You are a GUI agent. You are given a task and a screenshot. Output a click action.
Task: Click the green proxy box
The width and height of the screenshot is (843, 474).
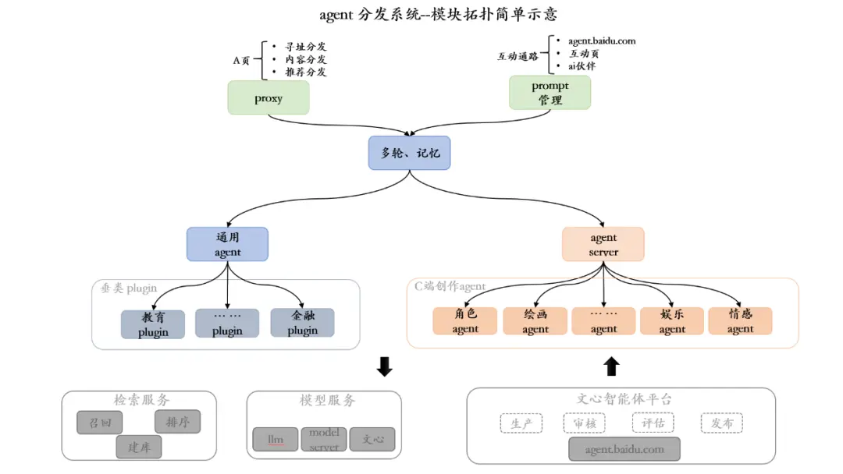click(x=269, y=98)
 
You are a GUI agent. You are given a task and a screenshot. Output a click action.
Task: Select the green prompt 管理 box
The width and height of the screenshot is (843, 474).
click(x=550, y=93)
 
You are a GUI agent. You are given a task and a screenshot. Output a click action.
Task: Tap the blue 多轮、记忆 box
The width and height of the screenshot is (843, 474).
click(x=410, y=153)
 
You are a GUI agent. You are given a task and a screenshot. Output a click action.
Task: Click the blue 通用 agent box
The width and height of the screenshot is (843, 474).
click(x=227, y=244)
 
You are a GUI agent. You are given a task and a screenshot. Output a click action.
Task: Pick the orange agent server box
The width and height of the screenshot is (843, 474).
click(x=603, y=244)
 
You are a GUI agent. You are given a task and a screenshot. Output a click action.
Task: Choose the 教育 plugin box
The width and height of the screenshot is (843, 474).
click(x=153, y=324)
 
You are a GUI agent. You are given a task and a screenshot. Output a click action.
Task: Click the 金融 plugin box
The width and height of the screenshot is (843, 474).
click(x=302, y=323)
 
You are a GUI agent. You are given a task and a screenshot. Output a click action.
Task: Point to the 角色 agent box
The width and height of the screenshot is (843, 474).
click(x=465, y=321)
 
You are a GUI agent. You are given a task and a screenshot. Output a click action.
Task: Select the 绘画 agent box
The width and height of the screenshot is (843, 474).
click(x=535, y=321)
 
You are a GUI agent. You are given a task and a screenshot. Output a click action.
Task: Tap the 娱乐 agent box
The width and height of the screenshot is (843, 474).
click(x=672, y=321)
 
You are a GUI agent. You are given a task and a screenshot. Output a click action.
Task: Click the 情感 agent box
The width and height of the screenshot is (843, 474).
click(x=740, y=321)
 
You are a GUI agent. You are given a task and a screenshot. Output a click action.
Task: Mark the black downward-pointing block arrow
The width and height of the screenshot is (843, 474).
click(x=384, y=366)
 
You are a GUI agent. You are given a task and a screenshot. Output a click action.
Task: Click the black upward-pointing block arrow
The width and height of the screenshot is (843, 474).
click(x=612, y=366)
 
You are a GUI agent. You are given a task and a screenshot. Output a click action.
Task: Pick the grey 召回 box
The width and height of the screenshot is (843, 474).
click(x=100, y=423)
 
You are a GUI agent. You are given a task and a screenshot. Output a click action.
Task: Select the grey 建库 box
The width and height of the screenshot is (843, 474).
click(x=139, y=447)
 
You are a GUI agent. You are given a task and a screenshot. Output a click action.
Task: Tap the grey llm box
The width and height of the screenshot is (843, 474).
click(x=276, y=439)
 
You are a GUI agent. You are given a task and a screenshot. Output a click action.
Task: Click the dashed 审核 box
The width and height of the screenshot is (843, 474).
click(x=584, y=423)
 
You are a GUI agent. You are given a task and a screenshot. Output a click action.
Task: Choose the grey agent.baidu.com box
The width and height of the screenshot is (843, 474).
click(x=624, y=449)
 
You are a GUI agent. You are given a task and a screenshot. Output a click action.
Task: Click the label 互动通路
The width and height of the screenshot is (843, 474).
click(x=518, y=56)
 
